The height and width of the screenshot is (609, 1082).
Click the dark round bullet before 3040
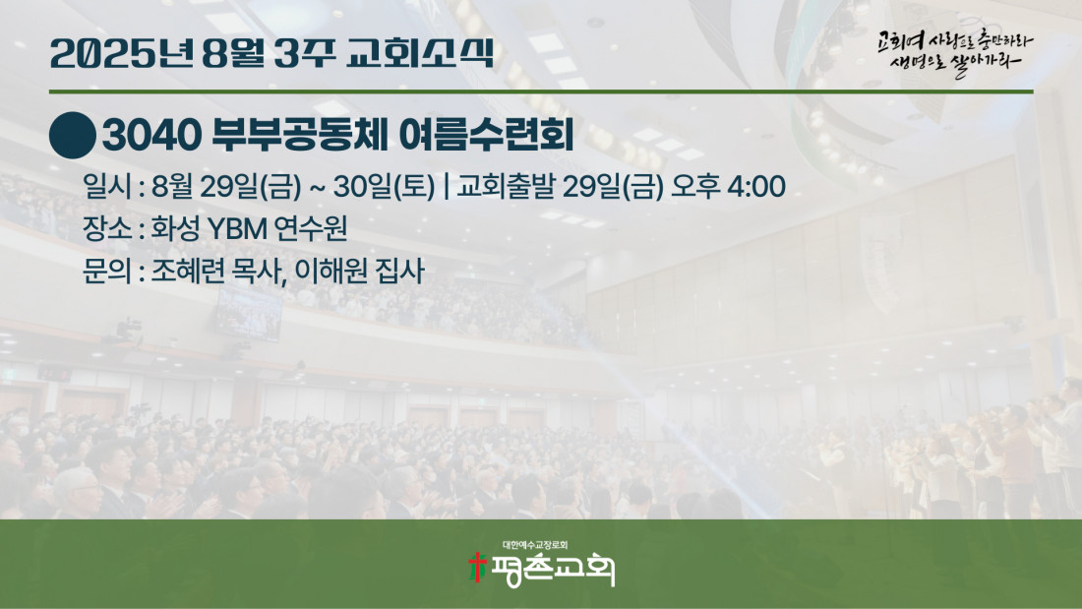point(73,136)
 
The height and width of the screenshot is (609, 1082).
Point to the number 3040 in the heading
point(151,135)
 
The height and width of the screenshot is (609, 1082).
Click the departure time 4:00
point(756,186)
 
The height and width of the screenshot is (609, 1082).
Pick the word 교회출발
point(506,186)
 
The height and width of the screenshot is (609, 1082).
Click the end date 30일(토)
point(384,186)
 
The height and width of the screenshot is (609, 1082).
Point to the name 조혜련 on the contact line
point(188,271)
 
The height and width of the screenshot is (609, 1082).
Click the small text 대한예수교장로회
point(535,545)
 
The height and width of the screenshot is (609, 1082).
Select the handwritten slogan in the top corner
point(955,53)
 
